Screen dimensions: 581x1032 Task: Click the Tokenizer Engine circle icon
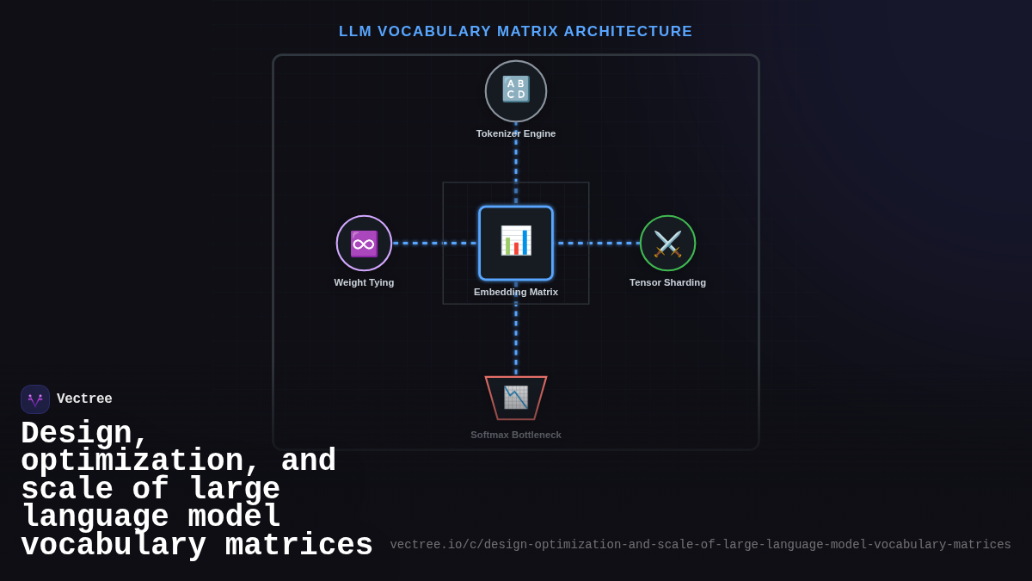pyautogui.click(x=516, y=90)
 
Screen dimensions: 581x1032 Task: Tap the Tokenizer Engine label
pyautogui.click(x=516, y=133)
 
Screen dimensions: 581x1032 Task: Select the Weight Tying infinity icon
pyautogui.click(x=364, y=244)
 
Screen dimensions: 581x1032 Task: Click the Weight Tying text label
pyautogui.click(x=364, y=282)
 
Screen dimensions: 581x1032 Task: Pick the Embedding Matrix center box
pyautogui.click(x=516, y=242)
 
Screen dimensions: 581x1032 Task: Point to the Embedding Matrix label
pyautogui.click(x=516, y=292)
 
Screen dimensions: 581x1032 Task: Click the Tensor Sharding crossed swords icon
pyautogui.click(x=667, y=244)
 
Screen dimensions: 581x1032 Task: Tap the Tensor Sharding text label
pyautogui.click(x=667, y=282)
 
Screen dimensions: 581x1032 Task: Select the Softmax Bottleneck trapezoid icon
pyautogui.click(x=516, y=398)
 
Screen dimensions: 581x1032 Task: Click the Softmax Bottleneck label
pyautogui.click(x=516, y=435)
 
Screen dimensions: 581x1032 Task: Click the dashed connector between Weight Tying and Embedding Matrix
pyautogui.click(x=435, y=243)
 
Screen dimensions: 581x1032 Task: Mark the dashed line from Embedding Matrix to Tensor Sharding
pyautogui.click(x=598, y=243)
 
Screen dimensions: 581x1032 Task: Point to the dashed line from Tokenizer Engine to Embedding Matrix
pyautogui.click(x=516, y=168)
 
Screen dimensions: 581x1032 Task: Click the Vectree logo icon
pyautogui.click(x=35, y=399)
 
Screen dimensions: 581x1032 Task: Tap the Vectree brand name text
pyautogui.click(x=84, y=399)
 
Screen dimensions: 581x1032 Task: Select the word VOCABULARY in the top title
pyautogui.click(x=434, y=32)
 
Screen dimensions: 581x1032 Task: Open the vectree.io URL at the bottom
pyautogui.click(x=700, y=545)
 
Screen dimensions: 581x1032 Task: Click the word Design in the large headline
pyautogui.click(x=84, y=433)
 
